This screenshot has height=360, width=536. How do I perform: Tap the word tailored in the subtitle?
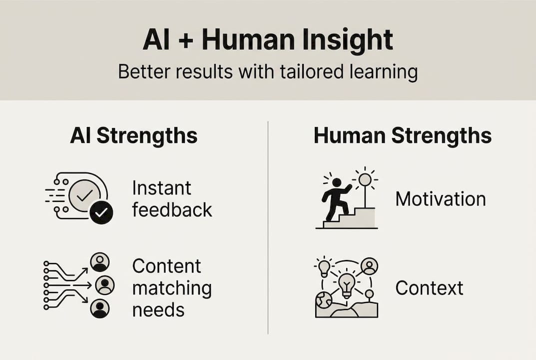pyautogui.click(x=311, y=72)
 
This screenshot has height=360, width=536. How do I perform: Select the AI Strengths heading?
pyautogui.click(x=134, y=135)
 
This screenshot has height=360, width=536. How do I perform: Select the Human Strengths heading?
pyautogui.click(x=403, y=135)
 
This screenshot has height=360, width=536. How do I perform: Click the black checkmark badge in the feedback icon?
pyautogui.click(x=101, y=213)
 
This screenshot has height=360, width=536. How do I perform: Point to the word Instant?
pyautogui.click(x=162, y=188)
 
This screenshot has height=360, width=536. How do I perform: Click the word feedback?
pyautogui.click(x=172, y=210)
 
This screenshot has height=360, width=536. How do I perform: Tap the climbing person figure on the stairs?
pyautogui.click(x=336, y=199)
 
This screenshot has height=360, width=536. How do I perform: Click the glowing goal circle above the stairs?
pyautogui.click(x=365, y=179)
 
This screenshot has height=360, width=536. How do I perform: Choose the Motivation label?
pyautogui.click(x=441, y=199)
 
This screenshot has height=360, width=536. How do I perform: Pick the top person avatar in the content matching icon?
pyautogui.click(x=100, y=262)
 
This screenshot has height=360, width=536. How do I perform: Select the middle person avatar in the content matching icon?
pyautogui.click(x=105, y=285)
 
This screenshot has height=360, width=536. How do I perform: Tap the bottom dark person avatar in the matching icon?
pyautogui.click(x=100, y=308)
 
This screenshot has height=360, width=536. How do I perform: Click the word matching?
pyautogui.click(x=172, y=288)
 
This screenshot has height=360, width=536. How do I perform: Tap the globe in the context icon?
pyautogui.click(x=323, y=300)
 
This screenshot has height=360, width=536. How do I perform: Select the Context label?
pyautogui.click(x=429, y=288)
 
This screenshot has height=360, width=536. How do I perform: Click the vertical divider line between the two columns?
pyautogui.click(x=268, y=227)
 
